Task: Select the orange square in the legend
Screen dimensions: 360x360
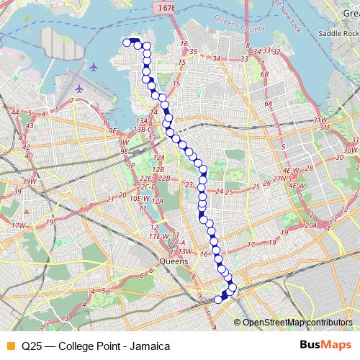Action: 9,345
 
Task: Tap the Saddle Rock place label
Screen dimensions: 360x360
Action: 340,35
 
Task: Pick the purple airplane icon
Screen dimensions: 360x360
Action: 94,67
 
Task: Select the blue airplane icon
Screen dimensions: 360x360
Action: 77,88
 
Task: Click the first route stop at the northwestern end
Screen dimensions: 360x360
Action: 127,43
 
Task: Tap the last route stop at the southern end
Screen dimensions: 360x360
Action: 218,300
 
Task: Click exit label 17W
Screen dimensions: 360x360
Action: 19,225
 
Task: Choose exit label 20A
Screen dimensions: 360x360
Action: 310,225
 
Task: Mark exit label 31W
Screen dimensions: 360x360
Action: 321,120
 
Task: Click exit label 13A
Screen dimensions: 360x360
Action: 143,120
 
